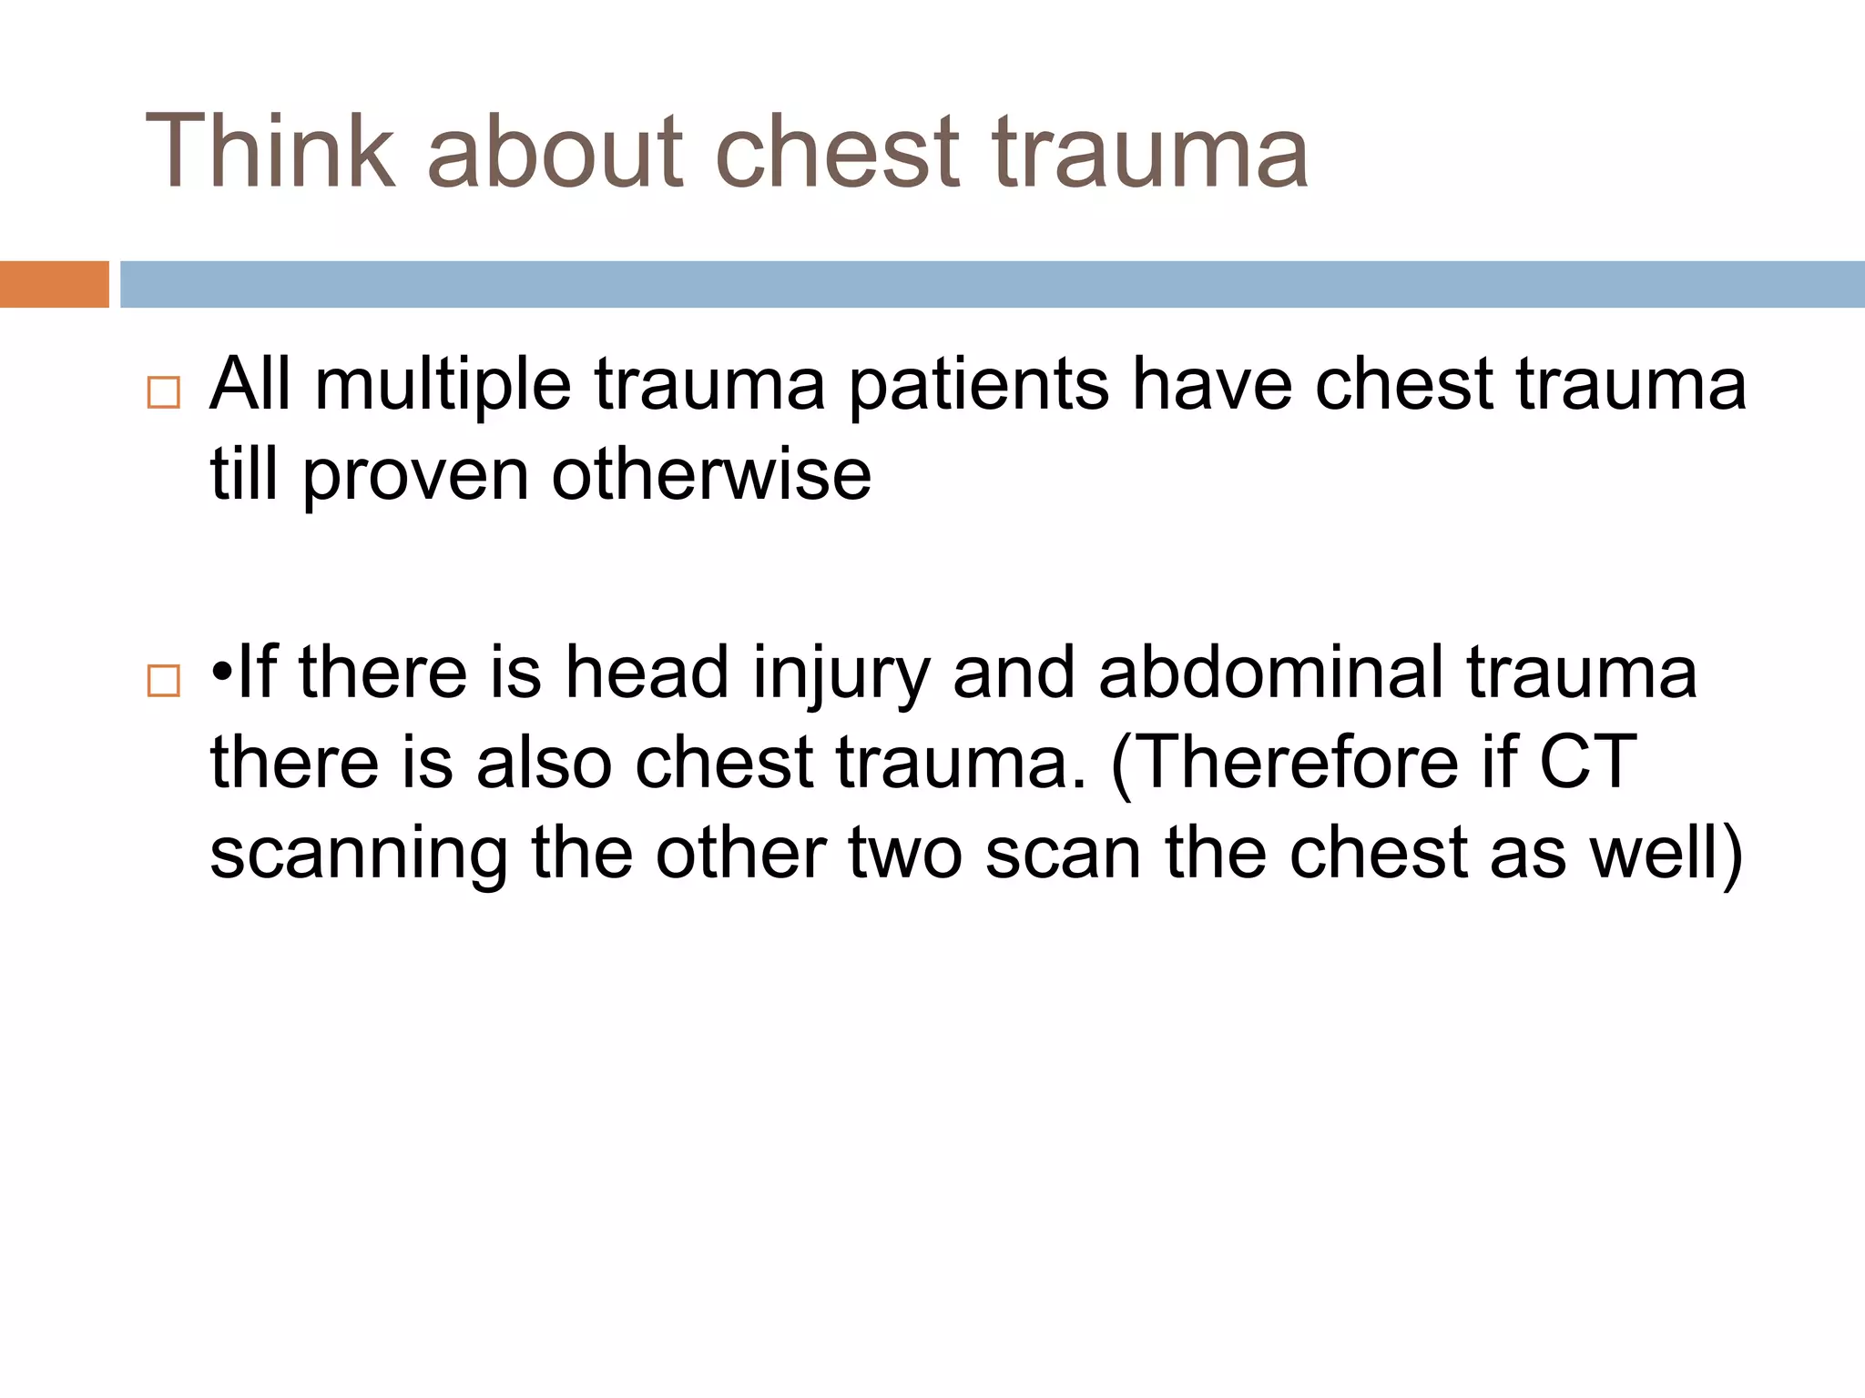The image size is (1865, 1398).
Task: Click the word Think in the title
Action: tap(270, 151)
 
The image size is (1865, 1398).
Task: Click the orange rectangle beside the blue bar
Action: tap(54, 284)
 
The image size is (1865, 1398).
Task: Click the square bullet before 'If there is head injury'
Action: tap(163, 680)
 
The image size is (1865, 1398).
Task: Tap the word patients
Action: tap(979, 385)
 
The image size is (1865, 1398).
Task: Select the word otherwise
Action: tap(711, 475)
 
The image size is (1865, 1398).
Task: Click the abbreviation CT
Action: tap(1588, 763)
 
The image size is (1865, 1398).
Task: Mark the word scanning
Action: tap(359, 856)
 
